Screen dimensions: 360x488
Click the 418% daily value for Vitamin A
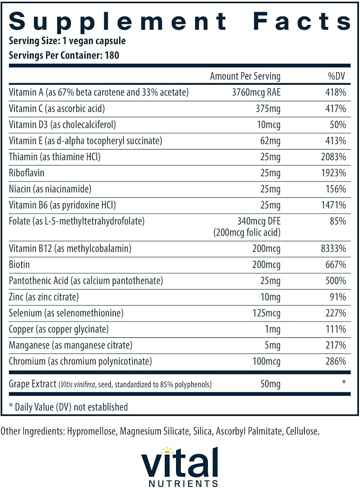(x=336, y=92)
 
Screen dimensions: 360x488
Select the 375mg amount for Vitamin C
(x=268, y=109)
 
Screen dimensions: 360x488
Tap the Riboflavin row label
(x=27, y=173)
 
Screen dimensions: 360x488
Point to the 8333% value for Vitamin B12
(x=333, y=248)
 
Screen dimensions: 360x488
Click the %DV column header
(x=336, y=76)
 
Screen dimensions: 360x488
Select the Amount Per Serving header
(x=245, y=76)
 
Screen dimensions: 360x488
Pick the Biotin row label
(x=19, y=265)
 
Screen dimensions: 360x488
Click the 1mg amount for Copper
(x=273, y=329)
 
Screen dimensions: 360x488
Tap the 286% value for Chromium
(x=336, y=361)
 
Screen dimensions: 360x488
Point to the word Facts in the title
(x=302, y=21)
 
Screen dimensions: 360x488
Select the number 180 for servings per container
(x=112, y=55)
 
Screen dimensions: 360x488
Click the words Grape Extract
(x=33, y=384)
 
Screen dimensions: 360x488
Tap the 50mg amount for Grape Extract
(x=270, y=384)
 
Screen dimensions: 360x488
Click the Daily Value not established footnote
(x=68, y=407)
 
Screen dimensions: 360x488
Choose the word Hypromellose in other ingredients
(x=92, y=431)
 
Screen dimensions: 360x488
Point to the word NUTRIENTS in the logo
(x=183, y=483)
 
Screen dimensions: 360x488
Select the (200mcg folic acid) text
(x=247, y=232)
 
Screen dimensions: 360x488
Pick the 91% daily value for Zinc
(x=338, y=297)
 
